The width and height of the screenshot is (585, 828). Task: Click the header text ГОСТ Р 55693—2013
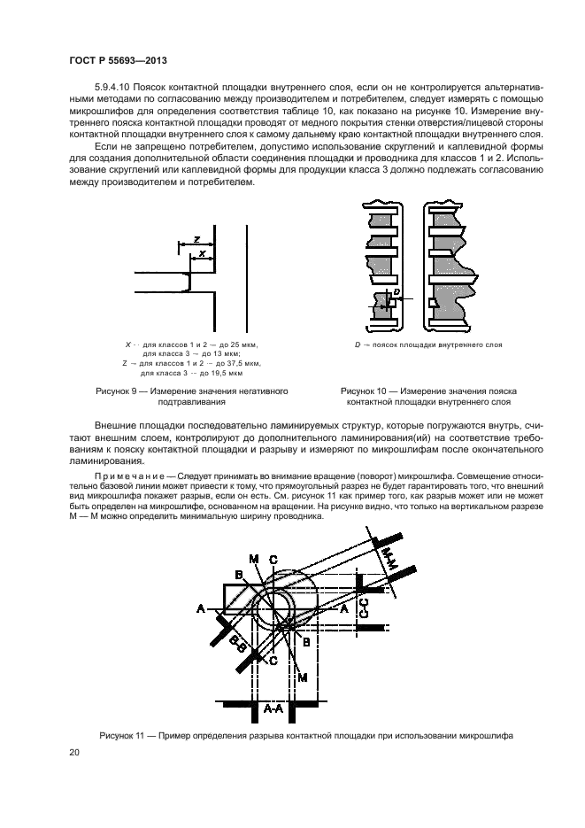tap(118, 59)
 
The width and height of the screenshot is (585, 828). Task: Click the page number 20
tap(74, 753)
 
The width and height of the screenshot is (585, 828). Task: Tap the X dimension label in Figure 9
tap(203, 254)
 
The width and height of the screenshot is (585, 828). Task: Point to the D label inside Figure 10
tap(397, 290)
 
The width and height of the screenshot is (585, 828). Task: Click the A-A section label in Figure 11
tap(273, 708)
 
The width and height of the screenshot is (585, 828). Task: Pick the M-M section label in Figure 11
tap(389, 558)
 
